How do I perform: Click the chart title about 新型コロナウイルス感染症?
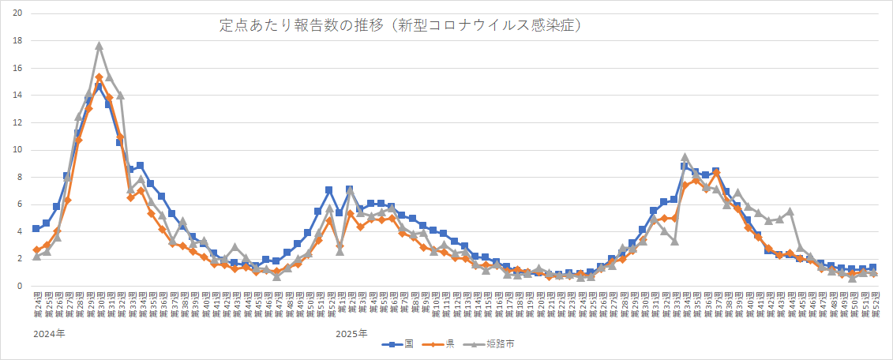point(401,25)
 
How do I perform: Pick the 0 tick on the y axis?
point(20,287)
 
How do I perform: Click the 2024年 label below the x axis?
point(49,334)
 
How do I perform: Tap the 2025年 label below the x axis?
point(351,334)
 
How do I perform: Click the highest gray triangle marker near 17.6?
point(99,46)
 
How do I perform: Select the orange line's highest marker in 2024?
point(99,77)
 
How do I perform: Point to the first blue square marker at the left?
point(36,229)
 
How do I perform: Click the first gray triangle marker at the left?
point(36,257)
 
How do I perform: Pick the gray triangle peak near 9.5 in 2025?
point(685,157)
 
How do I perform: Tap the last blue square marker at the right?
point(872,268)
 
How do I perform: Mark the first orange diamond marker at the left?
point(36,250)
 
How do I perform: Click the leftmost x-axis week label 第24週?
point(36,303)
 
